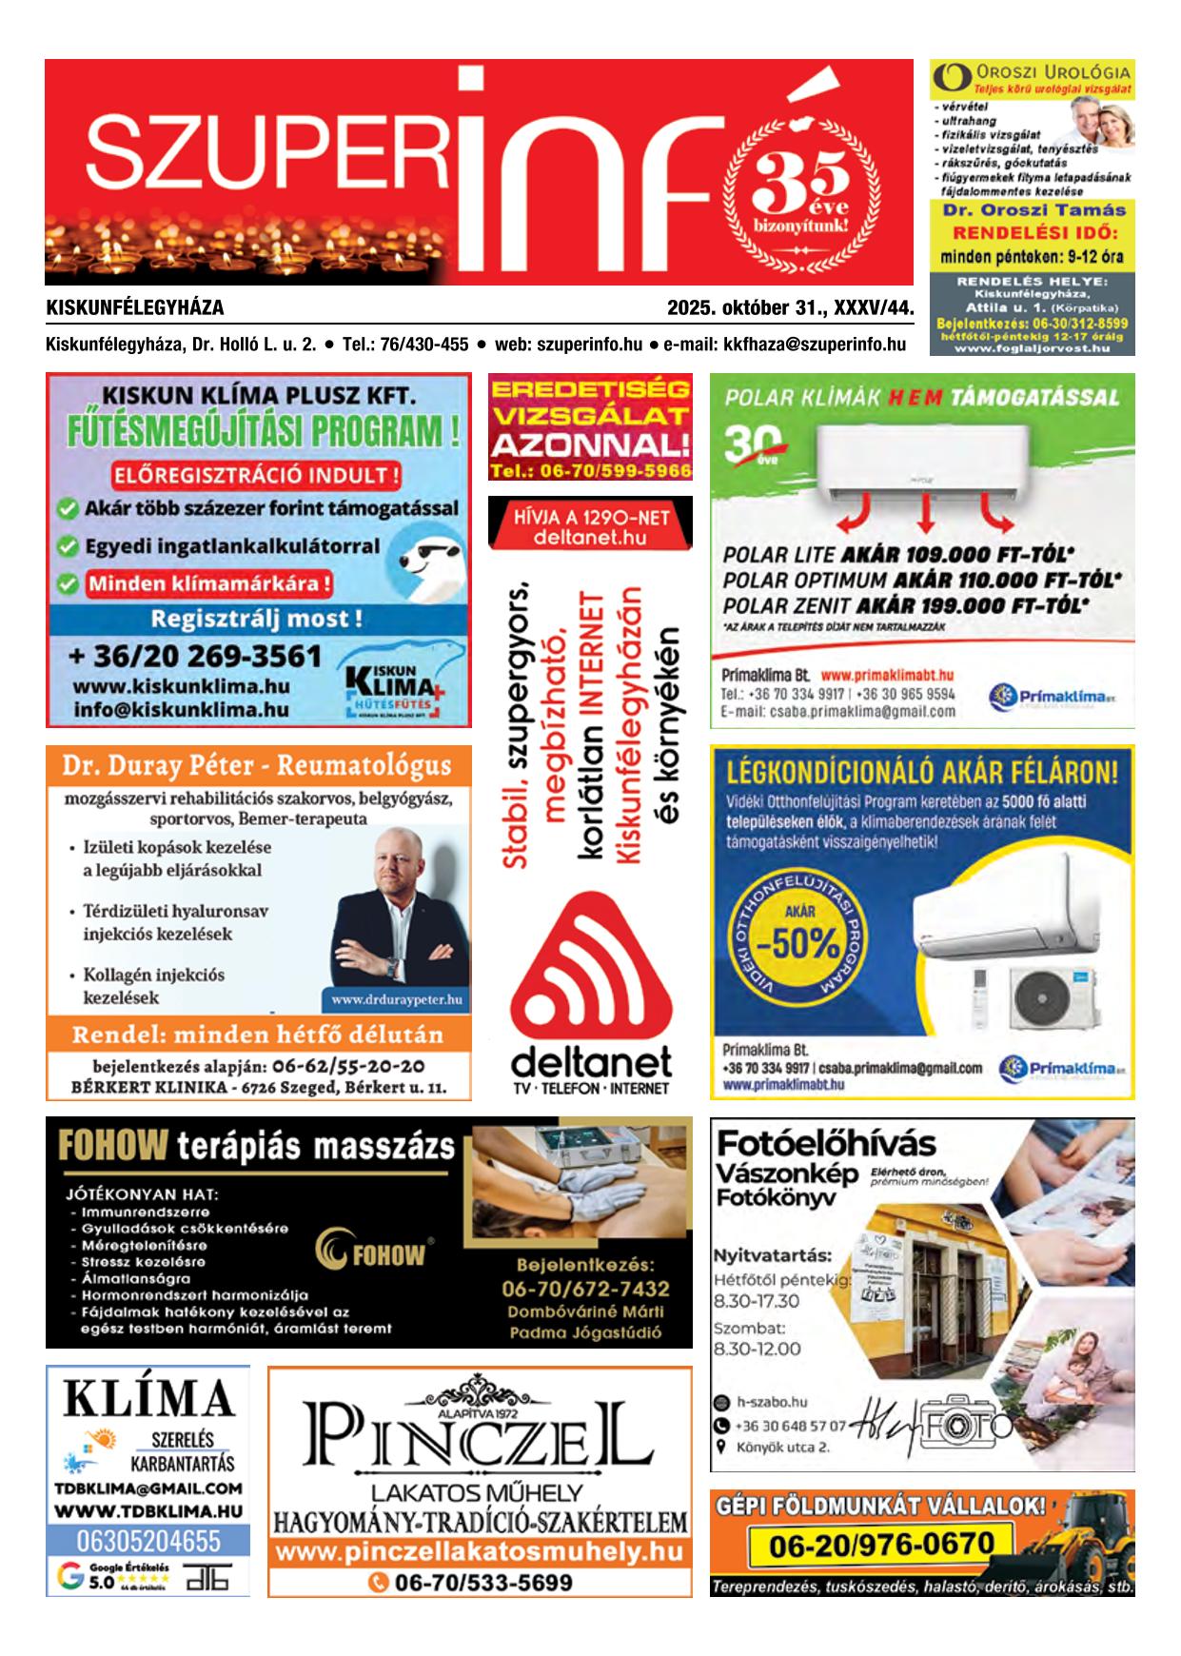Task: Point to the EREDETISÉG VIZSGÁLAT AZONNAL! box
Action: pyautogui.click(x=590, y=427)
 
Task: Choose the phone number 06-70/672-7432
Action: pyautogui.click(x=585, y=1289)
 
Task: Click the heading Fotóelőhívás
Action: pyautogui.click(x=825, y=1143)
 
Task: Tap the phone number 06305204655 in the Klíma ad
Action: pyautogui.click(x=148, y=1541)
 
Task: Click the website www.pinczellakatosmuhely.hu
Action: pyautogui.click(x=479, y=1552)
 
